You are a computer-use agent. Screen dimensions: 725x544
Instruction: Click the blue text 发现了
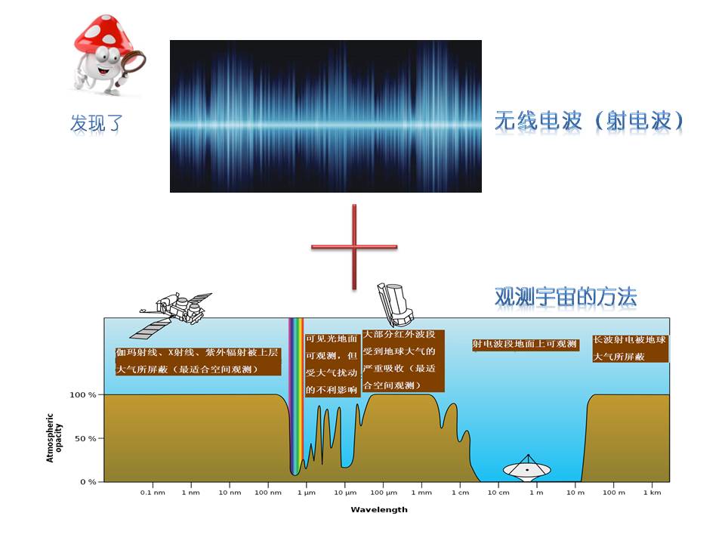click(x=96, y=124)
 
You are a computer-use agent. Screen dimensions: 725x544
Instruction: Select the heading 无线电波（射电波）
click(x=588, y=122)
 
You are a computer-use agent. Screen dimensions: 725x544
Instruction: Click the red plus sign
click(x=354, y=247)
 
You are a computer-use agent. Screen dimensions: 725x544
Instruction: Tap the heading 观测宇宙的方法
click(x=566, y=297)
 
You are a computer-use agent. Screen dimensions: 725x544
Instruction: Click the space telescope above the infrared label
click(x=394, y=304)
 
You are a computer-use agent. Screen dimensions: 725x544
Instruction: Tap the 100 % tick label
click(x=83, y=395)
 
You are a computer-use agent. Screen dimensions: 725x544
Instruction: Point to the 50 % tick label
click(x=85, y=438)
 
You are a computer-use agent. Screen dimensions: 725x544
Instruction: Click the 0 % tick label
click(x=88, y=482)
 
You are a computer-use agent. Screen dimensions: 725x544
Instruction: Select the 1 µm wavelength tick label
click(x=306, y=493)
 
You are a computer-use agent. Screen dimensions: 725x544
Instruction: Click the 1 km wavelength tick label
click(x=652, y=493)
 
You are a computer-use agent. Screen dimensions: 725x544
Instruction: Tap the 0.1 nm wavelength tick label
click(x=153, y=493)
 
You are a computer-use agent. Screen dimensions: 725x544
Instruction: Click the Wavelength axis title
click(x=379, y=510)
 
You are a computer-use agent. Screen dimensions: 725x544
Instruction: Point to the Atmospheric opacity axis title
click(x=54, y=438)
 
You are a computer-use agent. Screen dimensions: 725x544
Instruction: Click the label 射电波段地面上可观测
click(x=526, y=345)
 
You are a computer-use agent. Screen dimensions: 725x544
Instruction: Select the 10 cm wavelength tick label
click(x=498, y=493)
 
